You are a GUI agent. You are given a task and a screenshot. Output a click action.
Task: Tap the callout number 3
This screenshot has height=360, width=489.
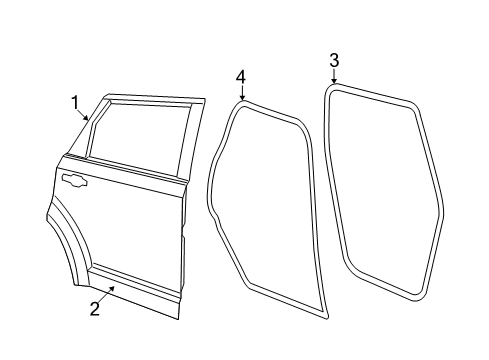pyautogui.click(x=334, y=61)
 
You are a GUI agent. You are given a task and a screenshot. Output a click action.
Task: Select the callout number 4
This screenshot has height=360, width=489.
pyautogui.click(x=240, y=77)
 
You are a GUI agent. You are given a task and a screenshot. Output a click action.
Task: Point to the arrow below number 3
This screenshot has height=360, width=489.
pyautogui.click(x=334, y=76)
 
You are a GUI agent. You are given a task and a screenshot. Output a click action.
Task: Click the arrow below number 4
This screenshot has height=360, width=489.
pyautogui.click(x=241, y=93)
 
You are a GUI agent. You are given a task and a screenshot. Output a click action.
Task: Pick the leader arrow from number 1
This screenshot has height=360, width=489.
pyautogui.click(x=84, y=114)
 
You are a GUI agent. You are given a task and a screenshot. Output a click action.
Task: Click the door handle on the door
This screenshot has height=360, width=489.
pyautogui.click(x=73, y=180)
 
